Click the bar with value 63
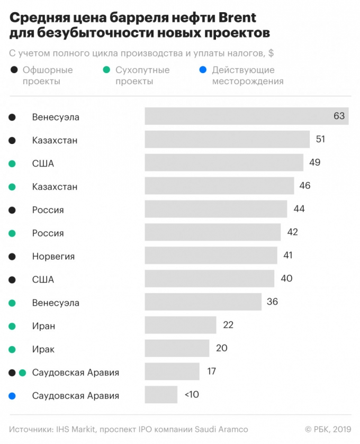pos(247,116)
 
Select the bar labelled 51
pos(227,140)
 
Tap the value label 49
pos(314,162)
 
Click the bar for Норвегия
pos(211,256)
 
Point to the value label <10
pos(192,395)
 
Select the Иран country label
pos(43,326)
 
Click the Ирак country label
pos(43,349)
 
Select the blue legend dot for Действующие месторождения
pos(204,70)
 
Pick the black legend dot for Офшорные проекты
pos(13,70)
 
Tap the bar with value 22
pos(181,325)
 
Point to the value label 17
pos(211,371)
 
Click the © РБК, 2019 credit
pos(328,429)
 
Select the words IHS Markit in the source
pos(76,429)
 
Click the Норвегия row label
pos(53,257)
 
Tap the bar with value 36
pos(203,302)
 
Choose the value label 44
pos(299,209)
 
